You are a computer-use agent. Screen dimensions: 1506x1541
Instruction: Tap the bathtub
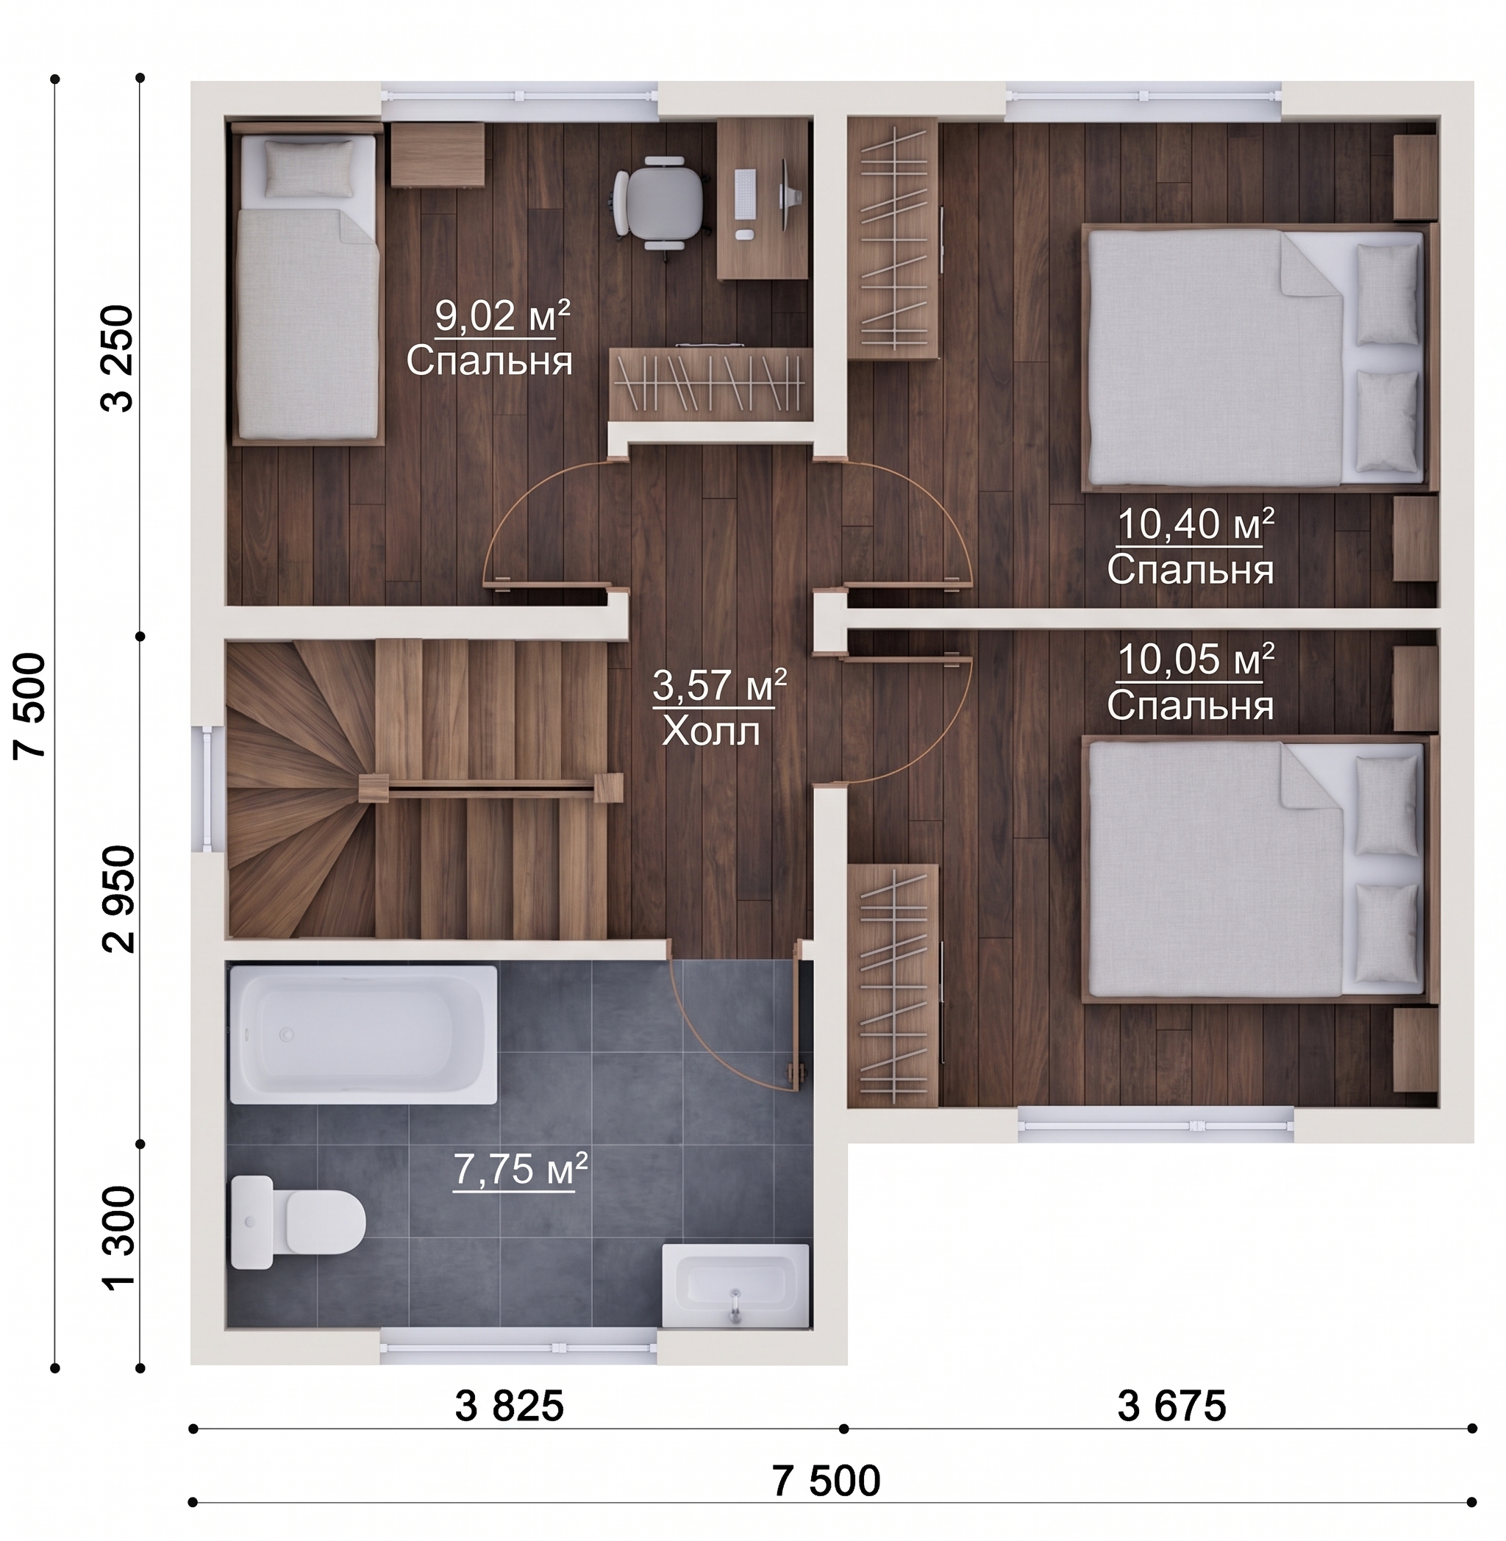point(363,1034)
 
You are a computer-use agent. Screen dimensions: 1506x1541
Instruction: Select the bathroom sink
point(735,1287)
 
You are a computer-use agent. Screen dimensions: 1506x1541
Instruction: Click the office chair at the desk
point(658,202)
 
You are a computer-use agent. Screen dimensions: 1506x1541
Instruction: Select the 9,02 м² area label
point(502,318)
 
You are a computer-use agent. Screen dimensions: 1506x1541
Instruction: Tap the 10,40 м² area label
point(1195,524)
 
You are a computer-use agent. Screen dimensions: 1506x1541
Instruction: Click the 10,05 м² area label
point(1195,659)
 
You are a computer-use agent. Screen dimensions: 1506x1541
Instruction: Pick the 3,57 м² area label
point(719,685)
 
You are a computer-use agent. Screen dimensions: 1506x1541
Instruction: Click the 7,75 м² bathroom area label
point(521,1170)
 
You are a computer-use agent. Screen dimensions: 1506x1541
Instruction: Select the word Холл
point(710,732)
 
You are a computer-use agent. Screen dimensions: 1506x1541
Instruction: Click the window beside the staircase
point(207,790)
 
